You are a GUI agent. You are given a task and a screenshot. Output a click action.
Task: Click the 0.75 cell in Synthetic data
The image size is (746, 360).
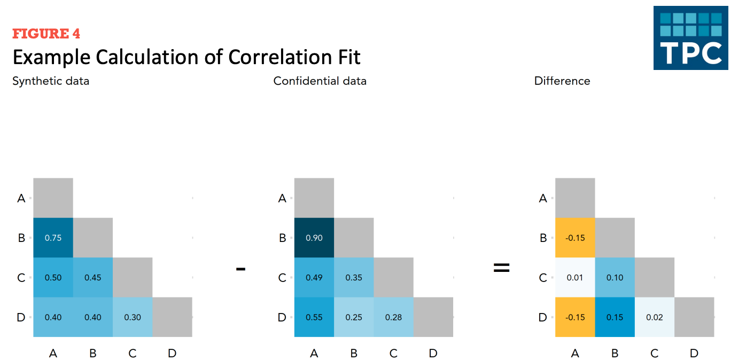(53, 238)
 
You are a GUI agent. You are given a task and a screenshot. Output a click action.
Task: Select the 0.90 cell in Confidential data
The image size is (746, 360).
(314, 238)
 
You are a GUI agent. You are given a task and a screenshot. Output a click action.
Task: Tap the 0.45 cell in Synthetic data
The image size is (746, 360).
(93, 277)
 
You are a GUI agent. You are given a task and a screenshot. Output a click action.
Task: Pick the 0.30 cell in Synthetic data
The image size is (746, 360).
(133, 317)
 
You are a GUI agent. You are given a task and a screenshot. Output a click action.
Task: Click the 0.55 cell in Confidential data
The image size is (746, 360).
(314, 317)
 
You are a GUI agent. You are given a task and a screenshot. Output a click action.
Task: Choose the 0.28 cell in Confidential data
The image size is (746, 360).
(394, 317)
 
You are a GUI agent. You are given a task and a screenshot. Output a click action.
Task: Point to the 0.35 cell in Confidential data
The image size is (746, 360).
(354, 277)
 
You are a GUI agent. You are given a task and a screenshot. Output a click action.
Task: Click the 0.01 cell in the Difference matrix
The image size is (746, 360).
(575, 277)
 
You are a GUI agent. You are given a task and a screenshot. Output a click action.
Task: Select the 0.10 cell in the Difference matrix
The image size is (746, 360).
(615, 277)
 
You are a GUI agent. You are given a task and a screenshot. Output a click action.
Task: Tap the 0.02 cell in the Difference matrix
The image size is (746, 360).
(655, 317)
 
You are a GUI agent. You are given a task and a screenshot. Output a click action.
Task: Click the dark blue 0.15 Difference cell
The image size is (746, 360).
(615, 317)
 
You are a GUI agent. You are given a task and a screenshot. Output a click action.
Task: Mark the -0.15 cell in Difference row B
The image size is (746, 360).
(575, 238)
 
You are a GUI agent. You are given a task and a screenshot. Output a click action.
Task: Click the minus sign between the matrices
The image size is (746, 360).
(241, 269)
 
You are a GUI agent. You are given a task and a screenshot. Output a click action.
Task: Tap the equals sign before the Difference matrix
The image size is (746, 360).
(502, 268)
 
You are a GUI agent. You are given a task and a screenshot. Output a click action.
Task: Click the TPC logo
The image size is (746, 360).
(691, 37)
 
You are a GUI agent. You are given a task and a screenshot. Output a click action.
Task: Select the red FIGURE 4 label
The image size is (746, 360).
(46, 34)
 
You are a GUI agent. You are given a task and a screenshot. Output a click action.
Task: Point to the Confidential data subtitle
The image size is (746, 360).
(320, 81)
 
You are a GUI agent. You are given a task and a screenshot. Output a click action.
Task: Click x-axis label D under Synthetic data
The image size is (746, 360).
(172, 353)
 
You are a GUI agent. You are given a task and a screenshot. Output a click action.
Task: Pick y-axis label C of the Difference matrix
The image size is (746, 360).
(543, 277)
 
